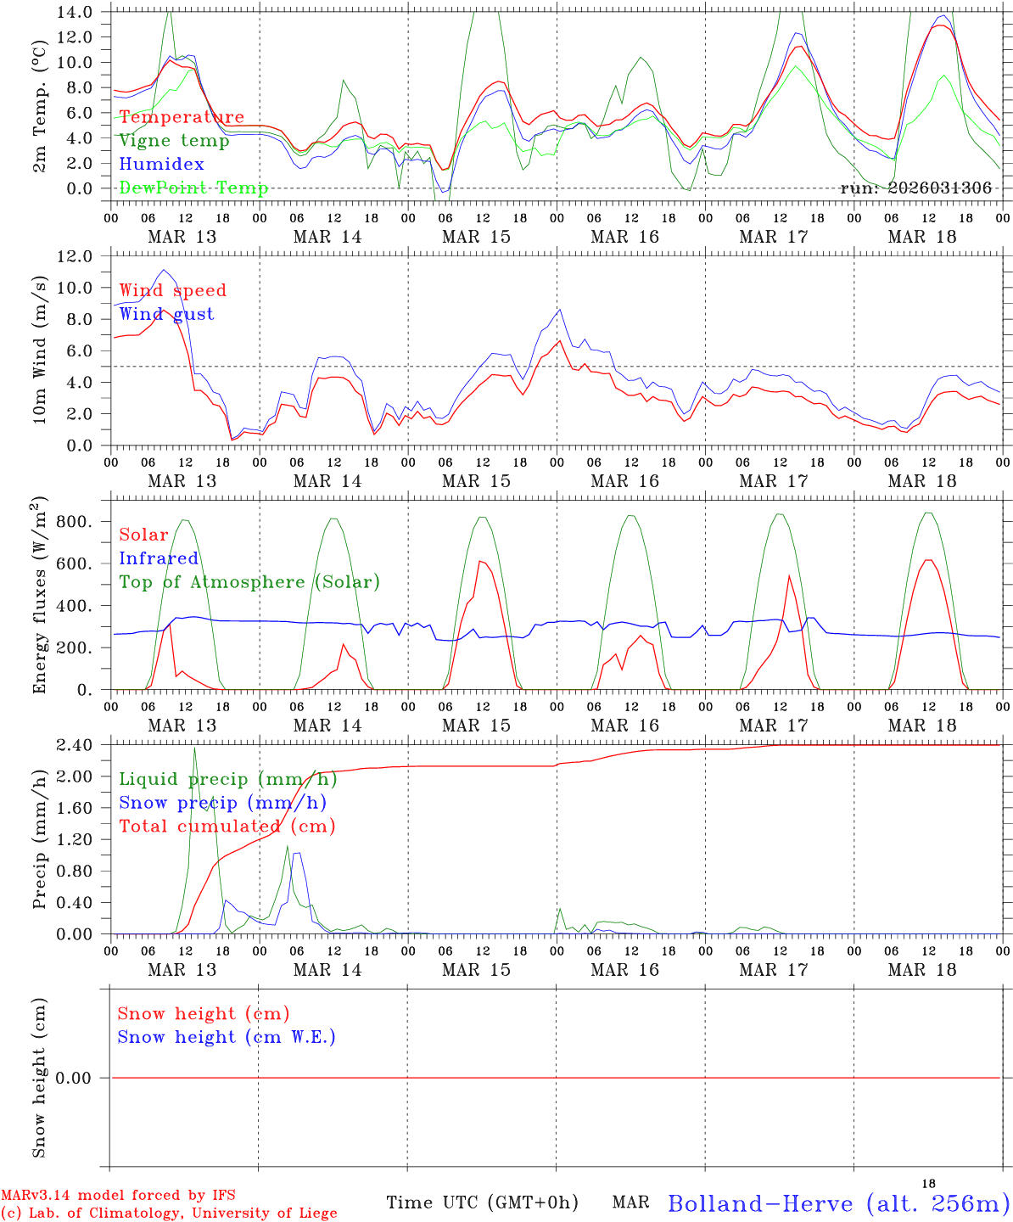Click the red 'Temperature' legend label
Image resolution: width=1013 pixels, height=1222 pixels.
(182, 117)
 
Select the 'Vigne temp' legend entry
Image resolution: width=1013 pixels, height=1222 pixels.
(174, 141)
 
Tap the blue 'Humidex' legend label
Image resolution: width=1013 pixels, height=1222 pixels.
(162, 165)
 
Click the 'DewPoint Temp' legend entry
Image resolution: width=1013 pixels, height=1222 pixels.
(193, 188)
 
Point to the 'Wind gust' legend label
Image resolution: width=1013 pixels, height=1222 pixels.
(166, 314)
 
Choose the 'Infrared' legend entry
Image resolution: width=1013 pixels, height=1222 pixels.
(159, 558)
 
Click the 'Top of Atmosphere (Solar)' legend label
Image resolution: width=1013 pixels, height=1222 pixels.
(249, 582)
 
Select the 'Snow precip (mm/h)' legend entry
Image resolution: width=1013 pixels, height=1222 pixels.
(222, 803)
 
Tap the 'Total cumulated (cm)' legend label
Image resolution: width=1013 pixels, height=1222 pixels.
(227, 826)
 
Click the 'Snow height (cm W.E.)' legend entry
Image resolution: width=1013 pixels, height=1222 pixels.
(227, 1037)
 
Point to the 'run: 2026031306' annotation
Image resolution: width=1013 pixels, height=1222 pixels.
(915, 188)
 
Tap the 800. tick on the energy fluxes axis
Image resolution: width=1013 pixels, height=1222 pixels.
(74, 522)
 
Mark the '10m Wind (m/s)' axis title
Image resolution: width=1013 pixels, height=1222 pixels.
(40, 351)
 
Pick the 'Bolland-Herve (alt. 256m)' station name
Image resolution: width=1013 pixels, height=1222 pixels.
(838, 1203)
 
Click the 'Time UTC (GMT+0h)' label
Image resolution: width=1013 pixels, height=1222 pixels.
(482, 1202)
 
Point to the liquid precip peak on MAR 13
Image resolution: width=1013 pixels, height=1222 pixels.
(194, 748)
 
